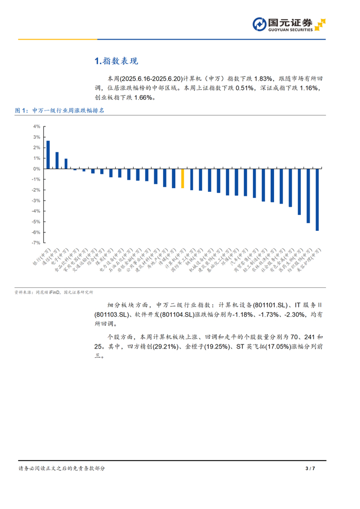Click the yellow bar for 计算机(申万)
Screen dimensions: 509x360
183,178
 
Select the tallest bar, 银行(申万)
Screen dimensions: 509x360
48,155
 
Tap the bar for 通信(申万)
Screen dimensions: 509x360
57,160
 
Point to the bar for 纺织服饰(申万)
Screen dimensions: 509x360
308,195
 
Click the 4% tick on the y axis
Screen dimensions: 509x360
37,126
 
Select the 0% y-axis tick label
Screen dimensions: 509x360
37,169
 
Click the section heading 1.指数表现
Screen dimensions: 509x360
116,61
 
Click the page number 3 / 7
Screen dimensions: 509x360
310,468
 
